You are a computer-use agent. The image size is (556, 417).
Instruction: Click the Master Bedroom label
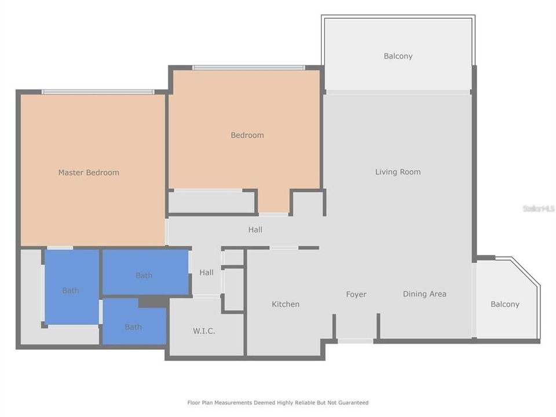89,173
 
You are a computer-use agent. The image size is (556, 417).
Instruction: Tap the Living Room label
398,172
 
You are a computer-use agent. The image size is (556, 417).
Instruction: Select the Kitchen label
286,304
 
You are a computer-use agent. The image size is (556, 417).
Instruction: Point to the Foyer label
356,294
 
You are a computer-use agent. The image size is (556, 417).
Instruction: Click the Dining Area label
425,294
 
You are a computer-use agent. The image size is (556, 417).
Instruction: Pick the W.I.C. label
204,331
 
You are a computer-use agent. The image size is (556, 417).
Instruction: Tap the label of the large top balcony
398,56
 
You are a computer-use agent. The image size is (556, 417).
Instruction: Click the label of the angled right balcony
505,304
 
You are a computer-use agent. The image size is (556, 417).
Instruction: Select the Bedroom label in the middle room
247,135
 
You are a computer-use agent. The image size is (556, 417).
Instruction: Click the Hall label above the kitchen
255,230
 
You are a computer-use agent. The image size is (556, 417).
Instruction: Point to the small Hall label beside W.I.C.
206,272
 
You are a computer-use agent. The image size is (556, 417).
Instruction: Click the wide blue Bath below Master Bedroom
145,272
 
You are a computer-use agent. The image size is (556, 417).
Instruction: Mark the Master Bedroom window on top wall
98,92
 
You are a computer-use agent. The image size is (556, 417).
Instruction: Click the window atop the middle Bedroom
248,68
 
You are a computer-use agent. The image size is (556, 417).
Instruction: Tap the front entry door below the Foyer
355,341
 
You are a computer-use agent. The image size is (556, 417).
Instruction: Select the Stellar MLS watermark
539,209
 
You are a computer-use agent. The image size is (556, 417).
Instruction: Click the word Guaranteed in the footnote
353,403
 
